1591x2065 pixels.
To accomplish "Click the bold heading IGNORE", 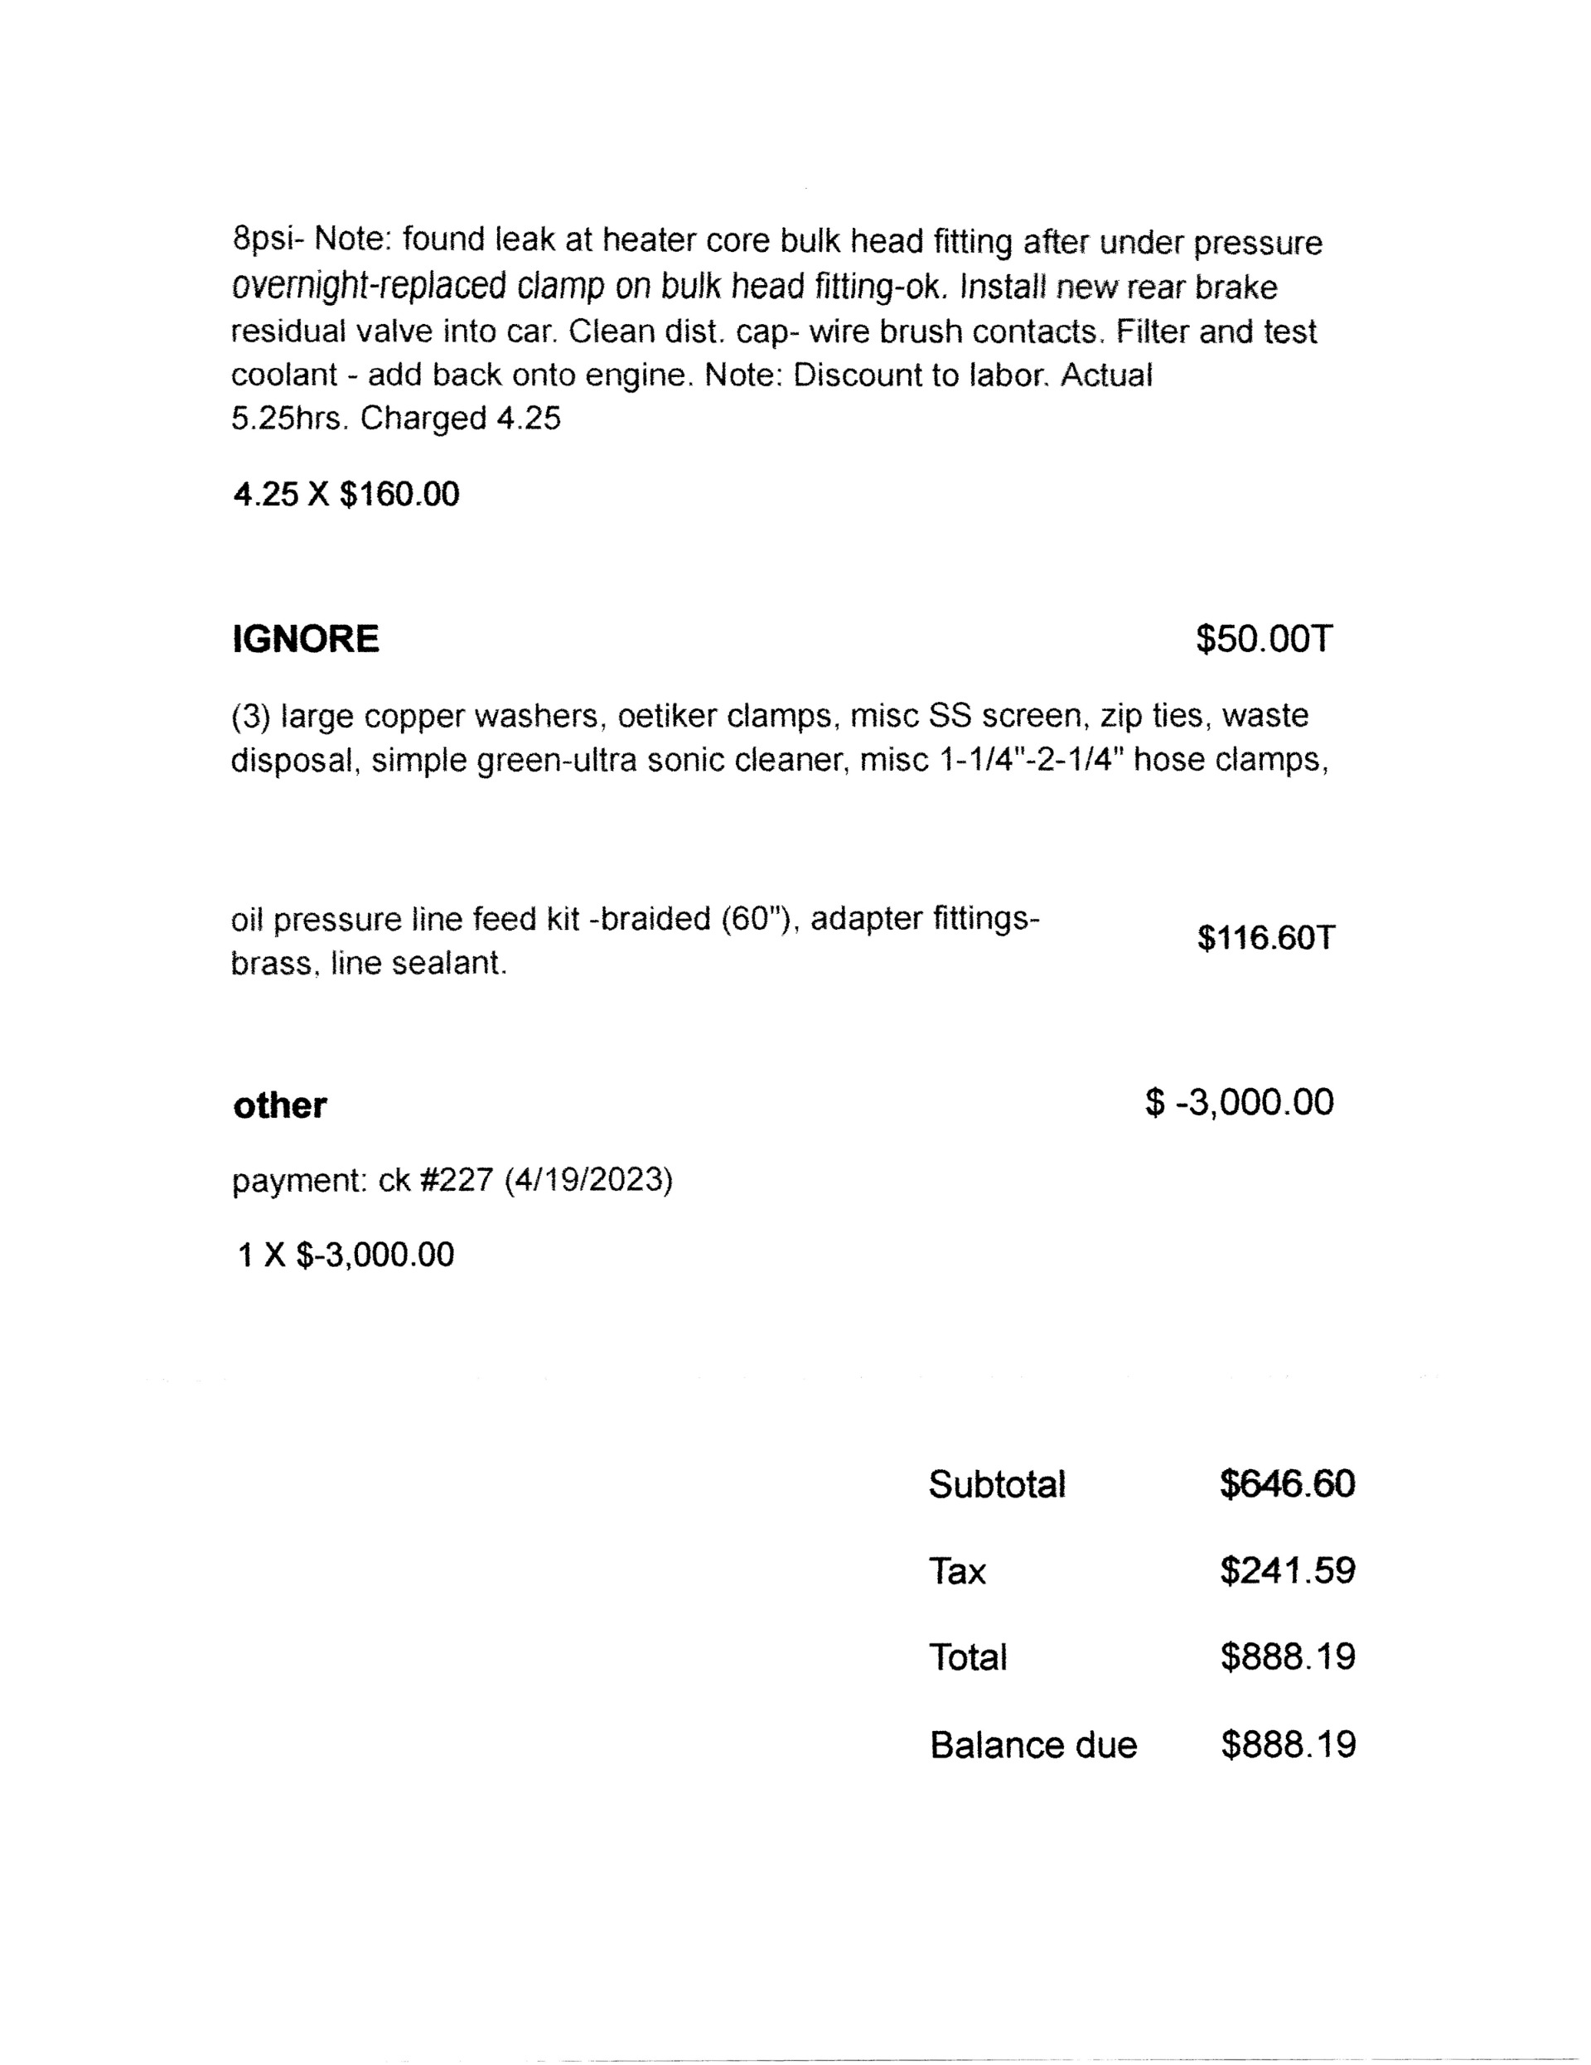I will [305, 639].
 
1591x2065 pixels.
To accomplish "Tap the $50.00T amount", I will [1264, 639].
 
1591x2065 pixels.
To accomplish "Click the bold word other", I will [280, 1105].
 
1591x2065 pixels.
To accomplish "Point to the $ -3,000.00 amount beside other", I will [1240, 1102].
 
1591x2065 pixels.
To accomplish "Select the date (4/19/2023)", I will [588, 1180].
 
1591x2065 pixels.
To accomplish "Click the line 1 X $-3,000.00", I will [346, 1255].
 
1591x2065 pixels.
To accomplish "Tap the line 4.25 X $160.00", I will [346, 494].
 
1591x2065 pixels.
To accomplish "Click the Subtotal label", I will [996, 1484].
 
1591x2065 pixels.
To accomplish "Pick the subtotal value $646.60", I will [1287, 1484].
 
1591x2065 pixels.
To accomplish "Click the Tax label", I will [957, 1571].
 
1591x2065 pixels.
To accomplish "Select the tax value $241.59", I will [1287, 1570].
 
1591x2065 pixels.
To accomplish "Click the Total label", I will [967, 1657].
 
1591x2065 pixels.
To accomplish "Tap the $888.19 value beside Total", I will [1288, 1656].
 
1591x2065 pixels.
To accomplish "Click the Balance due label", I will [1033, 1744].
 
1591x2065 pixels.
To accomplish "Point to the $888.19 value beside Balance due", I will [1288, 1744].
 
